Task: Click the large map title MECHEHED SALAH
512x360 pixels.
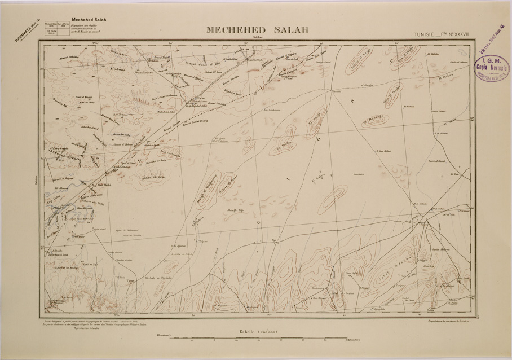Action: click(x=257, y=31)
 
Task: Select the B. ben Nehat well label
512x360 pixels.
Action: click(x=384, y=151)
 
